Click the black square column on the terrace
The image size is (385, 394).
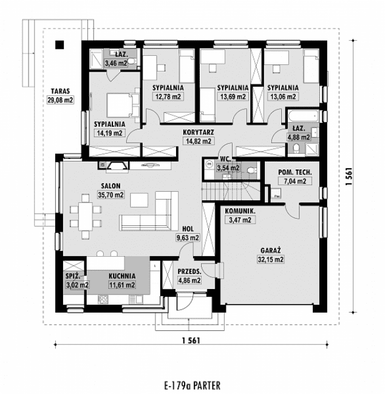[60, 44]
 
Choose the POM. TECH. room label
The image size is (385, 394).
[296, 172]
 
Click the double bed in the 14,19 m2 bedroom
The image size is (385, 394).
[119, 106]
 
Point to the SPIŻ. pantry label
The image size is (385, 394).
[74, 276]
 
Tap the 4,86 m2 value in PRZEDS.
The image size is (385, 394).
[188, 280]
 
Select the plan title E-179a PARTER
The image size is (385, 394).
[191, 385]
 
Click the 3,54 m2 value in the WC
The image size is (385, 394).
[229, 168]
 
